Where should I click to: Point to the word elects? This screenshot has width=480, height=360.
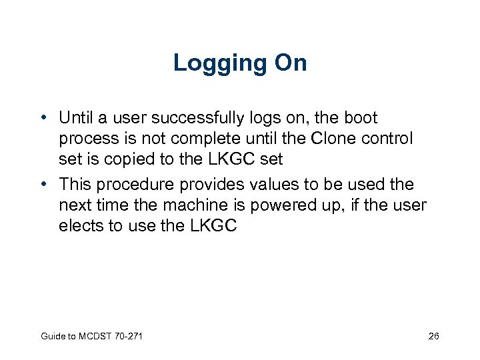click(x=78, y=226)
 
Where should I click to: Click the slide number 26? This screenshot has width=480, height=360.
click(x=433, y=337)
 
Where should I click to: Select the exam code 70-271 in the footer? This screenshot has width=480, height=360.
click(x=128, y=337)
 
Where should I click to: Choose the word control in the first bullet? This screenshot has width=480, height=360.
click(x=391, y=139)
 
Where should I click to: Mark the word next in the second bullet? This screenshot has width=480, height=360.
click(x=71, y=205)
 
